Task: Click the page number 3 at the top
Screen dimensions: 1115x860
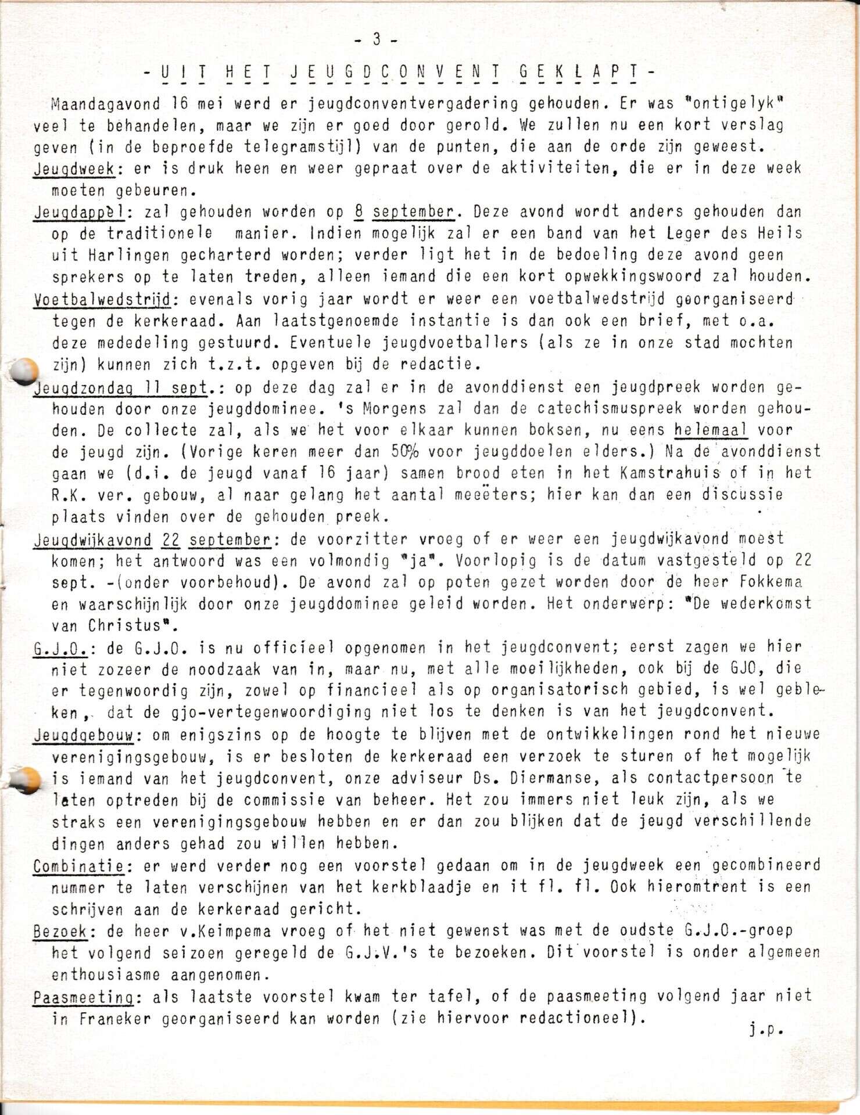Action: tap(376, 39)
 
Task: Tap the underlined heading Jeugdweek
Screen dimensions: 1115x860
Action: tap(74, 168)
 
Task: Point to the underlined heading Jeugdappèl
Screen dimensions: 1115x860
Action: tap(78, 213)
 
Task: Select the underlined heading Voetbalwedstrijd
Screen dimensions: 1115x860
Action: tap(102, 300)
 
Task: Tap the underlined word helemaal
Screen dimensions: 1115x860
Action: tap(711, 430)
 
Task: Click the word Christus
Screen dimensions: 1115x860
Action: tap(125, 626)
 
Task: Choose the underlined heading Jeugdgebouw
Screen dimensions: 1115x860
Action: tap(84, 735)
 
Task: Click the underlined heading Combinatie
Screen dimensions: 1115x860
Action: tap(78, 866)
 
